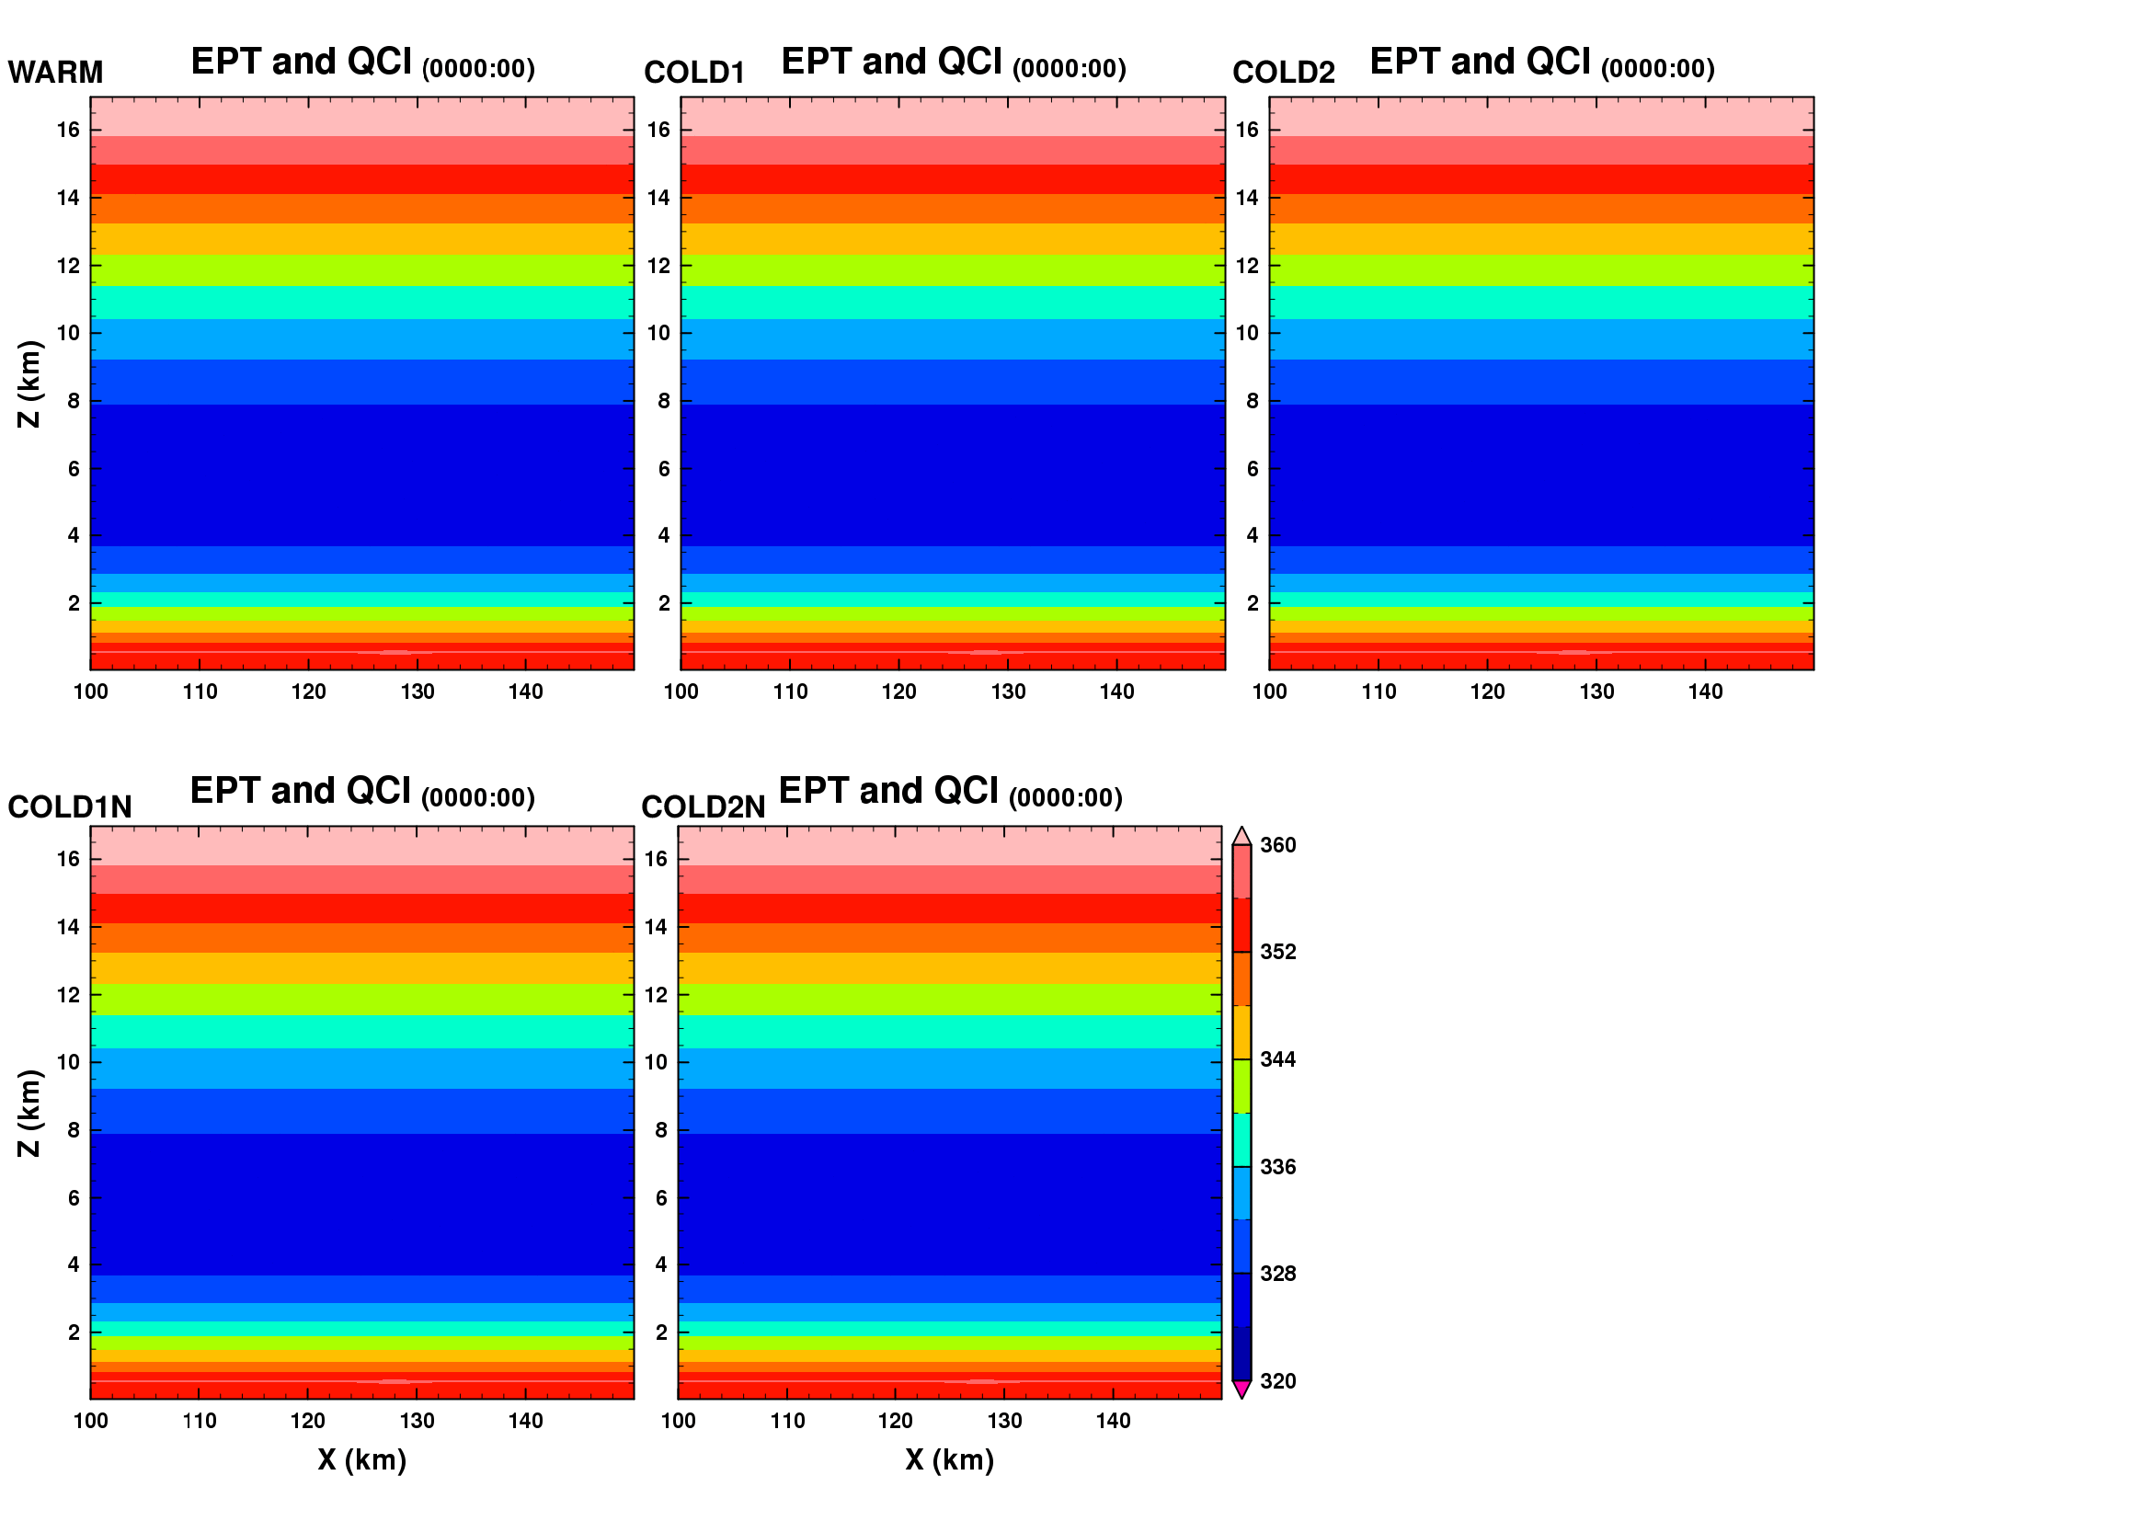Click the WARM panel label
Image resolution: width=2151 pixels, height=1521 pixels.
pos(55,72)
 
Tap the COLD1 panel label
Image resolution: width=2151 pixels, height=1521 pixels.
pos(694,72)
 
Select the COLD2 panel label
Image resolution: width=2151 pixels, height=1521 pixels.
pos(1284,72)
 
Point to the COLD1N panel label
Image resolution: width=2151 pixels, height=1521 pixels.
pos(70,807)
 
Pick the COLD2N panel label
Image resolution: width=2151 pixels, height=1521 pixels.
pos(704,807)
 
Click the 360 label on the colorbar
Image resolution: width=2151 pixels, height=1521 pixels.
pos(1278,846)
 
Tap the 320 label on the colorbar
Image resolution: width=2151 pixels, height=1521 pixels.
pos(1278,1381)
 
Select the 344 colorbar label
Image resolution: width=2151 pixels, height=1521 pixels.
pos(1278,1060)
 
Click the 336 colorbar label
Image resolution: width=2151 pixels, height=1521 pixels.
pos(1278,1167)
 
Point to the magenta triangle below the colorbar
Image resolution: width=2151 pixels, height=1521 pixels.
pos(1241,1389)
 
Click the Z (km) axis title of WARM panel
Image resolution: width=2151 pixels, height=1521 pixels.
pos(30,384)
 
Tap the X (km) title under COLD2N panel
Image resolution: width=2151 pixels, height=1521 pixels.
pos(949,1460)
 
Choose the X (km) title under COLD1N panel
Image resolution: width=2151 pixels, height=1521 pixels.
pos(361,1460)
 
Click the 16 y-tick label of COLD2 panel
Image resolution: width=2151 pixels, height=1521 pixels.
pos(1247,131)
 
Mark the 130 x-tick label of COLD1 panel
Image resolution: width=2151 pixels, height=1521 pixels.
pos(1008,692)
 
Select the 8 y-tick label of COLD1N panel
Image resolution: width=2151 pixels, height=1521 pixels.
pos(73,1130)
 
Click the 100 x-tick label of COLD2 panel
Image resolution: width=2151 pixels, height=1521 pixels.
pos(1269,692)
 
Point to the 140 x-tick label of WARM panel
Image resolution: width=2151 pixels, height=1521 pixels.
pos(526,692)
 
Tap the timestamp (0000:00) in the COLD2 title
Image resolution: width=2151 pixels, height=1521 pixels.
pos(1657,68)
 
